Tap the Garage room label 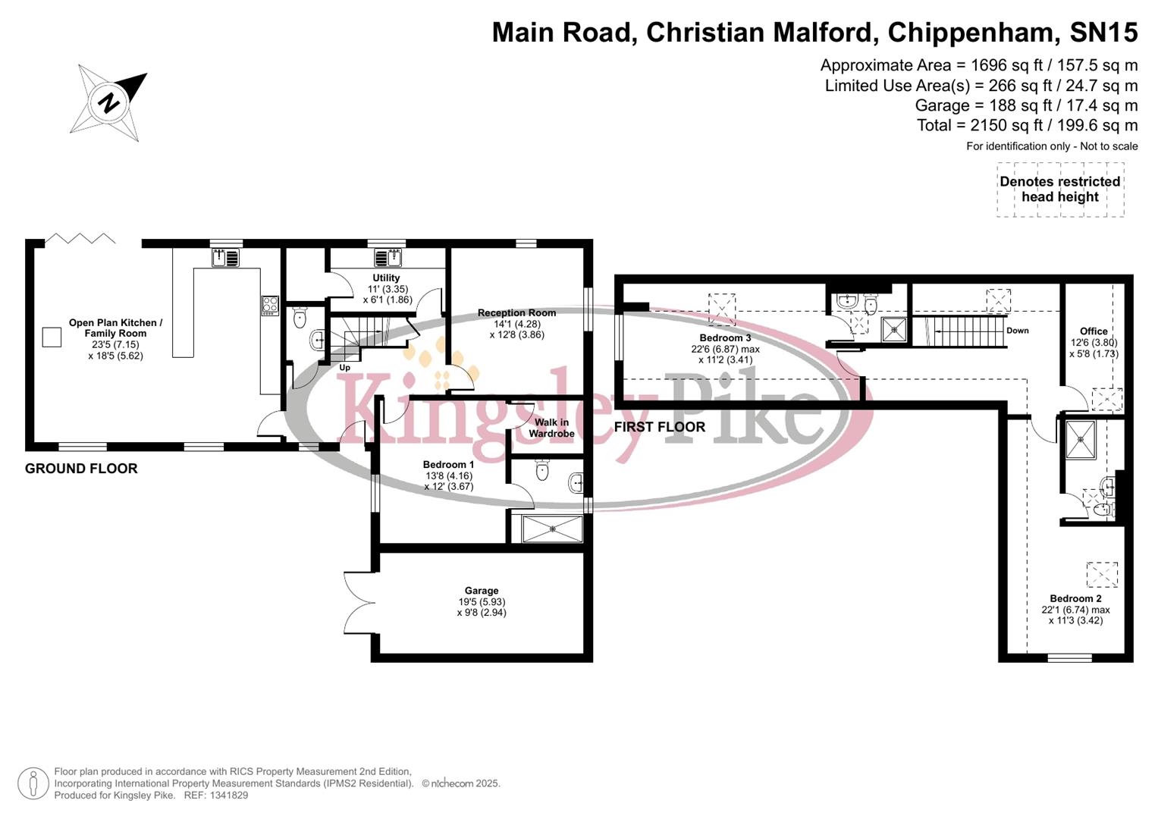tap(482, 591)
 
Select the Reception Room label tap(516, 312)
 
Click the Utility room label tap(386, 278)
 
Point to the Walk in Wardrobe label tap(551, 428)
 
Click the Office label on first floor tap(1094, 331)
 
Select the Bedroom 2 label tap(1075, 598)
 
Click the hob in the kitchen tap(270, 305)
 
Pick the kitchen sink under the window tap(226, 258)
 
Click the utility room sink tap(393, 258)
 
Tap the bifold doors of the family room tap(80, 240)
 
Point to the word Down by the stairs tap(1017, 331)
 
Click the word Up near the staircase tap(344, 368)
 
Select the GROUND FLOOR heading tap(81, 469)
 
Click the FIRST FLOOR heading tap(659, 428)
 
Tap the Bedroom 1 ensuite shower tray tap(552, 529)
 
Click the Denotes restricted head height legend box tap(1059, 190)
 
